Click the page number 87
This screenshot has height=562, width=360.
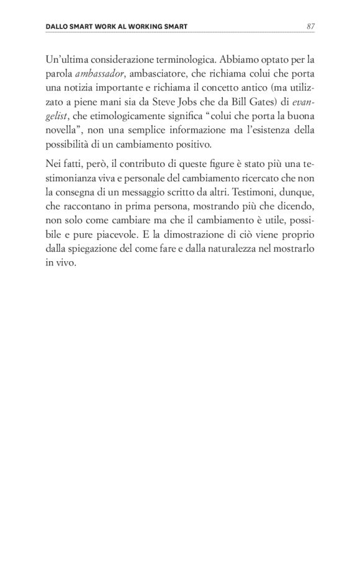click(310, 27)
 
